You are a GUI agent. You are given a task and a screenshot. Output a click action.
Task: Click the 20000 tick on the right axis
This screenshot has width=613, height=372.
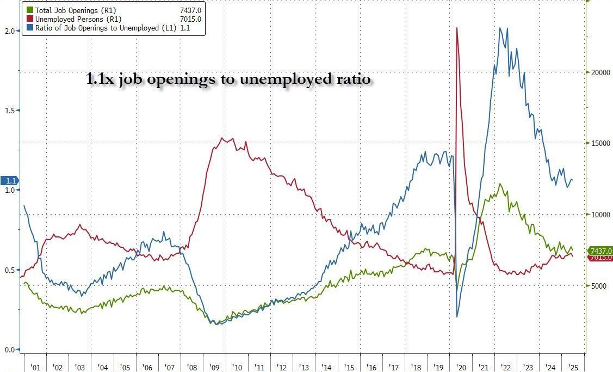point(599,72)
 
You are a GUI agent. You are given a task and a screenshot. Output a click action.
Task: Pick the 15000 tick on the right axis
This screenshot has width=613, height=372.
point(599,143)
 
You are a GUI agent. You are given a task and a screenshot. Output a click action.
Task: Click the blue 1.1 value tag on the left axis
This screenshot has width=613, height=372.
point(10,181)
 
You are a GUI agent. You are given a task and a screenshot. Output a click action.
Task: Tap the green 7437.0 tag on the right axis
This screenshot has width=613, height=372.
point(600,251)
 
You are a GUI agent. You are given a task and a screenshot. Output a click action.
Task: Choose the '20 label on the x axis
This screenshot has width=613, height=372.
point(461,367)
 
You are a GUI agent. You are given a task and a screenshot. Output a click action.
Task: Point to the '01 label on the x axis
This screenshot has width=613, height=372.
point(35,367)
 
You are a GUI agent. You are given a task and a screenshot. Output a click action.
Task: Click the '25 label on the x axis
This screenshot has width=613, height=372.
point(572,367)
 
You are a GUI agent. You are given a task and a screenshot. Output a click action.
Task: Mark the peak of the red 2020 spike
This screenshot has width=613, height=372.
point(456,28)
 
